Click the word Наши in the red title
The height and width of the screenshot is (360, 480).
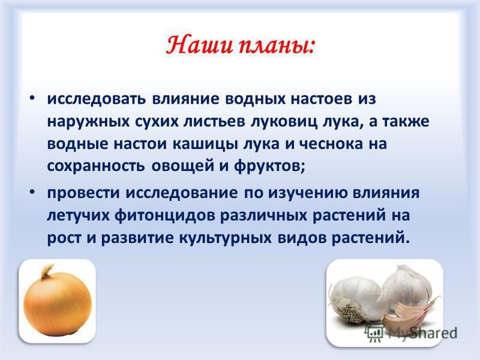click(x=199, y=46)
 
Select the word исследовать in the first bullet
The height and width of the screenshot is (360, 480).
click(x=96, y=99)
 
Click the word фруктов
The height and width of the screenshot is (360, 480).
click(x=269, y=167)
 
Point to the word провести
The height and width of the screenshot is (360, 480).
click(x=83, y=193)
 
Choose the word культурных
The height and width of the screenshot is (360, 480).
click(x=225, y=238)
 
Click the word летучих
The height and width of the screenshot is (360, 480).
click(x=79, y=216)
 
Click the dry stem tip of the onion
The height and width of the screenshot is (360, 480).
click(x=47, y=269)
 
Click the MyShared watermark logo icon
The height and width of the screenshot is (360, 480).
click(x=374, y=332)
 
